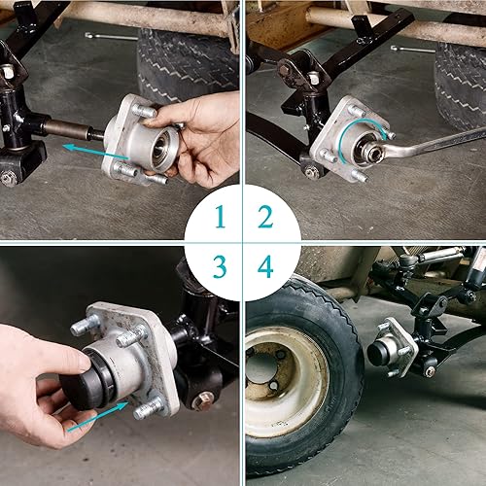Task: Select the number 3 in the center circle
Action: pos(220,265)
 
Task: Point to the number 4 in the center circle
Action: pos(265,265)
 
